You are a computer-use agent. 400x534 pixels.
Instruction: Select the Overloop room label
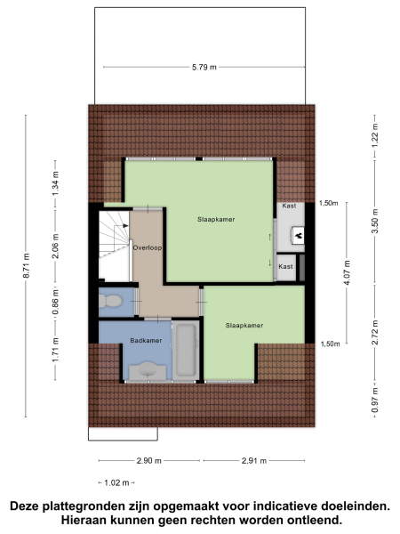point(146,247)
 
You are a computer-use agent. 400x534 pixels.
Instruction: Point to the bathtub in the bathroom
point(185,351)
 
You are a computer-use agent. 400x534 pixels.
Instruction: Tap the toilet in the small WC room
point(109,303)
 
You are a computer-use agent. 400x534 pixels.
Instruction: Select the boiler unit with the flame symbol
point(298,236)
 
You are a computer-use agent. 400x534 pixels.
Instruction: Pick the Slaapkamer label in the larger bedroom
point(216,219)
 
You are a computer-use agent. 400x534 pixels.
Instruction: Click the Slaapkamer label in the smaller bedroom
point(244,325)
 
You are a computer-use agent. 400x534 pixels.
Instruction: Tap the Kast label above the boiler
point(288,206)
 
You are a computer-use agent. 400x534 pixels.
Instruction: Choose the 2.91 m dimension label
point(253,460)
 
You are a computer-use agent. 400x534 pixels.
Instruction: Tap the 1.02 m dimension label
point(115,482)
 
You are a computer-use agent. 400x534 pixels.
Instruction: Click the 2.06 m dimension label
point(54,250)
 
